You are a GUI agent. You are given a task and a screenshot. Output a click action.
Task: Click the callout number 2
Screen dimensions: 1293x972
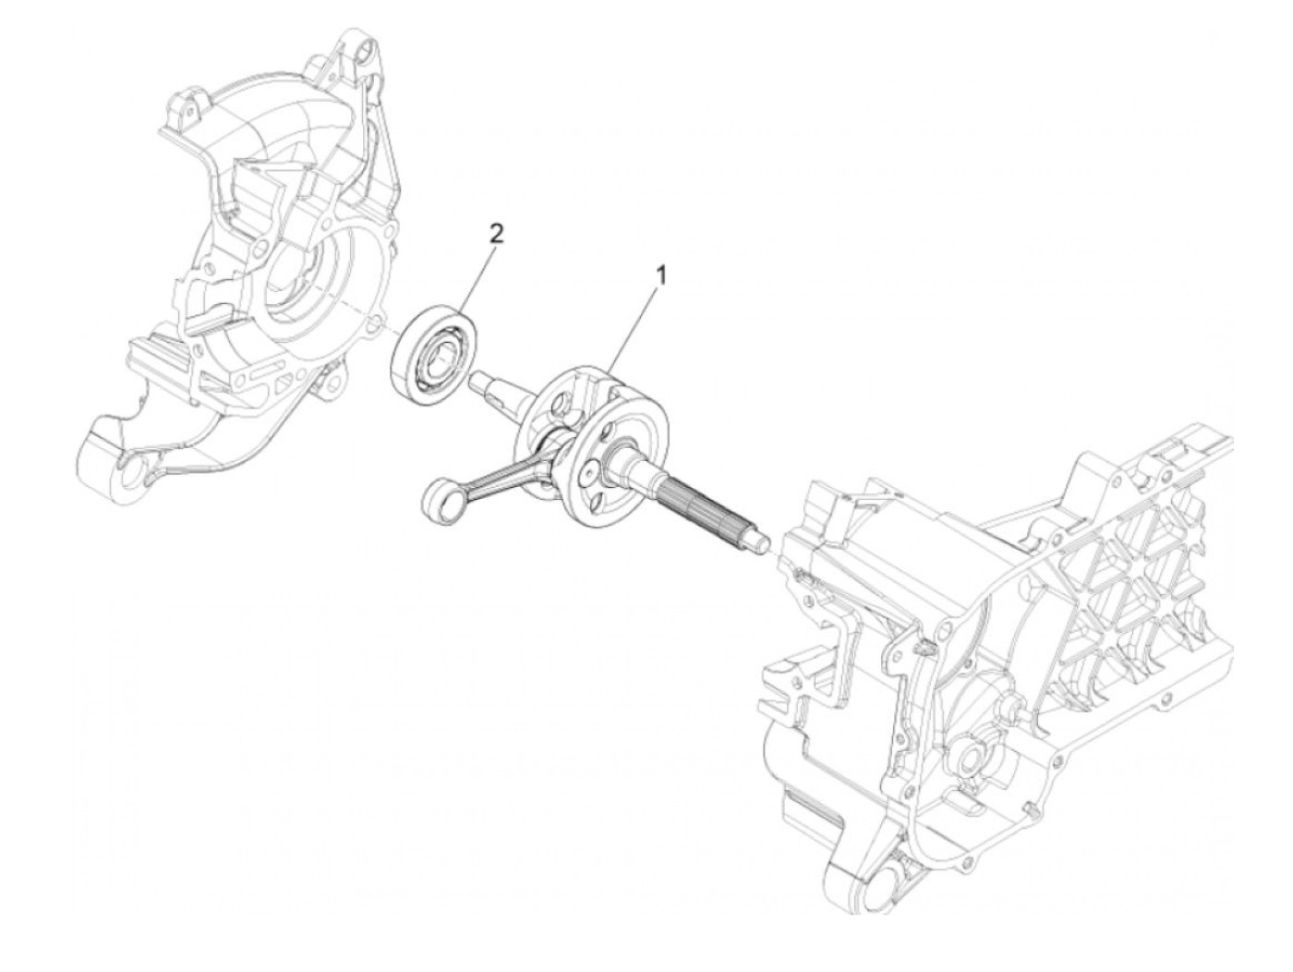pyautogui.click(x=496, y=235)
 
